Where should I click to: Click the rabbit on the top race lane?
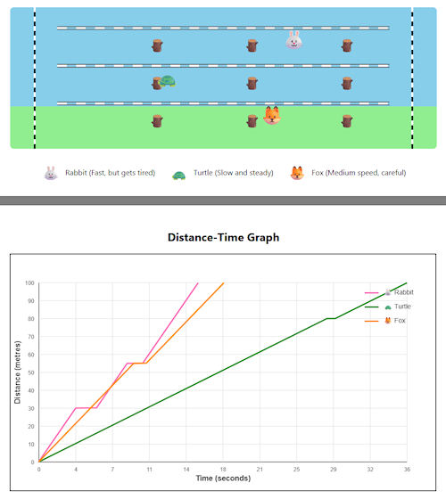click(x=293, y=39)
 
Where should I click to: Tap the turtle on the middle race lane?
click(x=166, y=81)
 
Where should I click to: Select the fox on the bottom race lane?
click(x=272, y=116)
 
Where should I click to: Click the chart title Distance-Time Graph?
click(x=223, y=238)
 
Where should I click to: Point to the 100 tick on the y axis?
click(x=29, y=283)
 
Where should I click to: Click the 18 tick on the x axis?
click(x=222, y=469)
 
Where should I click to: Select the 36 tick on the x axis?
click(x=406, y=469)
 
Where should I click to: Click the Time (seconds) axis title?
click(x=223, y=479)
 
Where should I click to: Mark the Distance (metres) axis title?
click(x=18, y=372)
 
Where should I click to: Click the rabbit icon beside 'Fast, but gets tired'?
click(x=51, y=173)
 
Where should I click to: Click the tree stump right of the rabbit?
click(x=346, y=45)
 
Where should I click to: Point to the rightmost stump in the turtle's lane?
click(x=346, y=83)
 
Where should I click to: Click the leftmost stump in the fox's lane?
click(x=157, y=120)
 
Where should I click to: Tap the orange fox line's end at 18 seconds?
click(x=223, y=283)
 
